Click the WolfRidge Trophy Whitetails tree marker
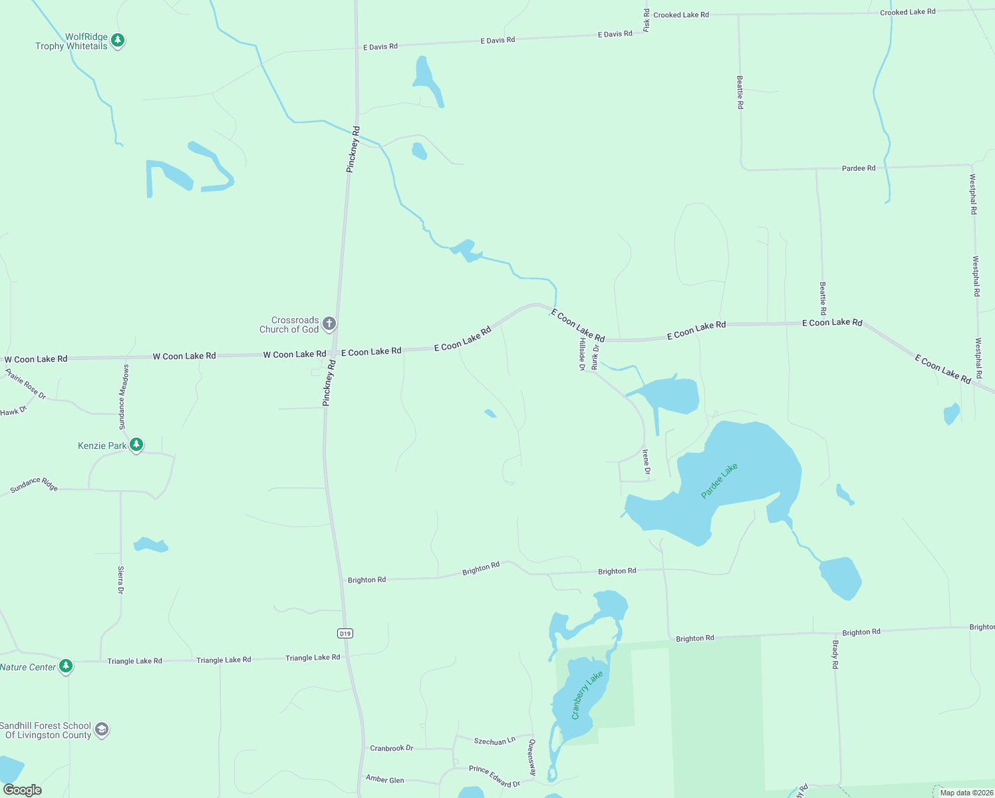point(118,41)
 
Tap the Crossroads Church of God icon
point(329,324)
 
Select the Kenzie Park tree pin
point(136,444)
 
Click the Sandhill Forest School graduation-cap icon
point(101,730)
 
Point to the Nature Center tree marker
point(65,666)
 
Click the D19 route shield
point(345,633)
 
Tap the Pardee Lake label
point(719,481)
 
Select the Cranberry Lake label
point(587,695)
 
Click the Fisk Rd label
point(646,21)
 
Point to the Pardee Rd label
point(858,168)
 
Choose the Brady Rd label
point(835,654)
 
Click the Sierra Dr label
point(121,580)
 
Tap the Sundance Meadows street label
point(124,396)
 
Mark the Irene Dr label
point(646,462)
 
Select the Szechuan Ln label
point(494,741)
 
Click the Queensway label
point(531,757)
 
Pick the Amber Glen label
point(384,779)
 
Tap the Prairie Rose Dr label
point(26,384)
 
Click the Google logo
point(23,790)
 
